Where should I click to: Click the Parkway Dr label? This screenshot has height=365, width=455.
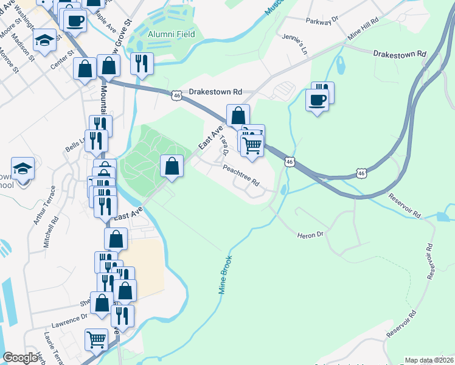pyautogui.click(x=322, y=21)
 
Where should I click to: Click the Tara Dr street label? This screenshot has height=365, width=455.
pyautogui.click(x=224, y=144)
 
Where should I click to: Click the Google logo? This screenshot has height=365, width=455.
pyautogui.click(x=20, y=358)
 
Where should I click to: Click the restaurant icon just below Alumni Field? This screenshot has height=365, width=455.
pyautogui.click(x=142, y=63)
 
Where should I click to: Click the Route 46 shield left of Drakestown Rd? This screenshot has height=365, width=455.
pyautogui.click(x=176, y=96)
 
